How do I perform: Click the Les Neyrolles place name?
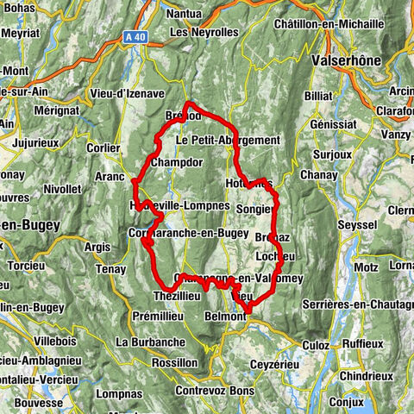pyautogui.click(x=204, y=32)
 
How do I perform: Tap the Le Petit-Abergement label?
pyautogui.click(x=228, y=140)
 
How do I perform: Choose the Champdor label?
pyautogui.click(x=176, y=162)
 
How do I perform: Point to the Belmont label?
pyautogui.click(x=226, y=317)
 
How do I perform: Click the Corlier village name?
pyautogui.click(x=103, y=147)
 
